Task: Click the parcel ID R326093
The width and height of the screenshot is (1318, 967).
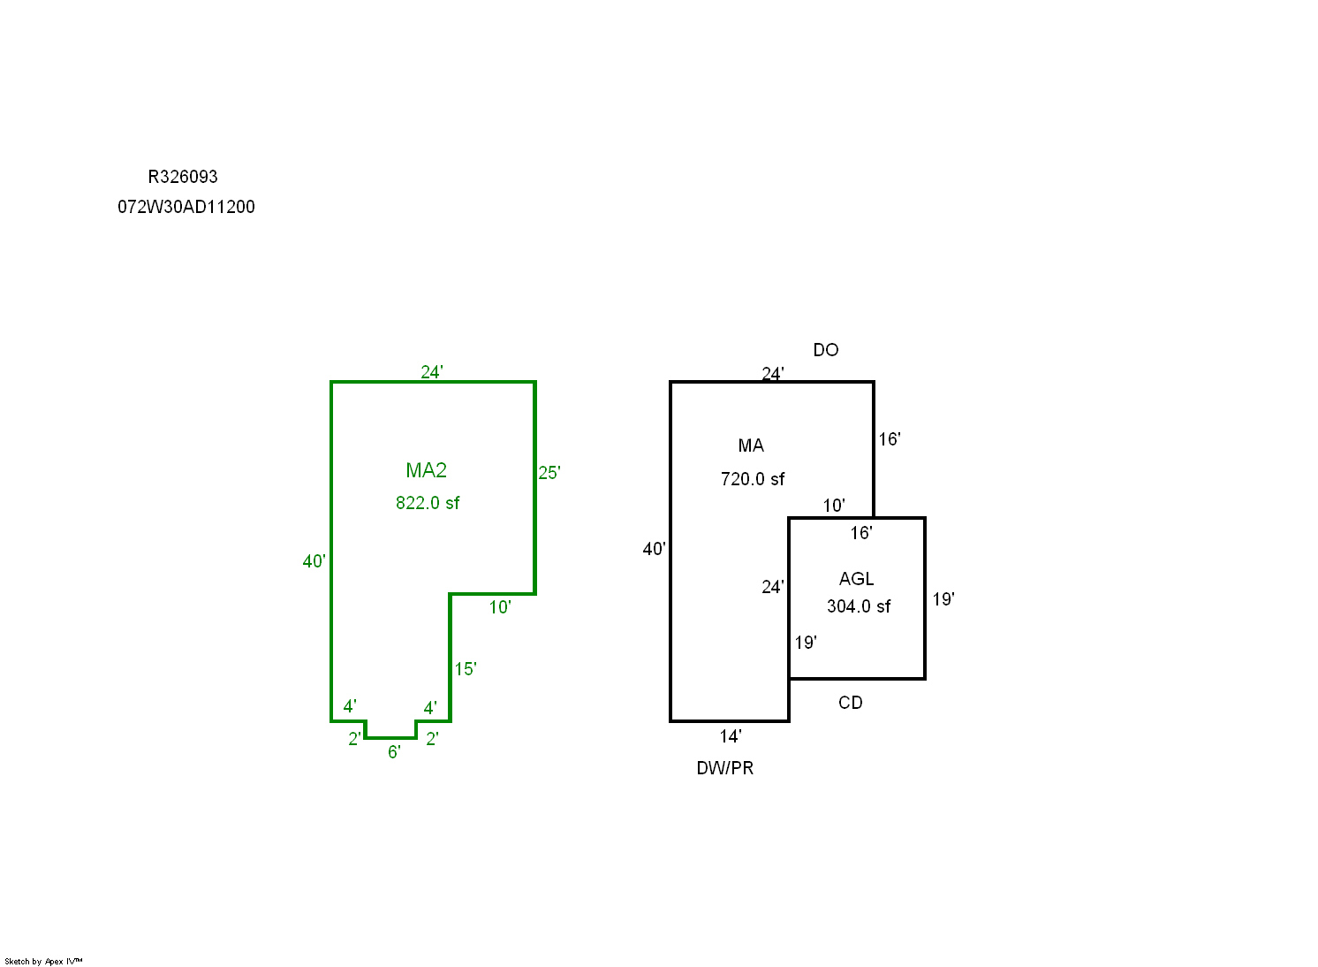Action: tap(183, 177)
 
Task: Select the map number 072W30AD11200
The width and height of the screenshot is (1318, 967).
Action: tap(186, 207)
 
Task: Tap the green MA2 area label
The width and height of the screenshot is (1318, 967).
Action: tap(427, 470)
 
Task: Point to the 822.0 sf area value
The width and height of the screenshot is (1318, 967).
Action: tap(428, 503)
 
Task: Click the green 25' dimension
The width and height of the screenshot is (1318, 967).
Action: tap(549, 473)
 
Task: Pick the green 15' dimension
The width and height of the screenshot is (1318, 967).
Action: tap(466, 669)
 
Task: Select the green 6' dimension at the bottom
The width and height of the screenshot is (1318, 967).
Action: tap(394, 752)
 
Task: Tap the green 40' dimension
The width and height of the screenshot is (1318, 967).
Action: tap(314, 561)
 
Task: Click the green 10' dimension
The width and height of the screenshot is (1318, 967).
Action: tap(500, 607)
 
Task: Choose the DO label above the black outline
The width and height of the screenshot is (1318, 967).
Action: tap(826, 350)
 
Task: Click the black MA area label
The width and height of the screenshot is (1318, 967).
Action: tap(751, 445)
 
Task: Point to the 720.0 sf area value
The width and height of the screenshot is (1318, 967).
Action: tap(753, 479)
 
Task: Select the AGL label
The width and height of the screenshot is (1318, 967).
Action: tap(856, 579)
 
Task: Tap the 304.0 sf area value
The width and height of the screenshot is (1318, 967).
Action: tap(859, 606)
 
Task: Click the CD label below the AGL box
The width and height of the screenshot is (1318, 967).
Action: tap(851, 703)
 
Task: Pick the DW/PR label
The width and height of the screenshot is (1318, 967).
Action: tap(725, 768)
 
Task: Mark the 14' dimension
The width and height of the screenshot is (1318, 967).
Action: tap(731, 736)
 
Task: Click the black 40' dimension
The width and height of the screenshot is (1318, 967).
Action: tap(654, 549)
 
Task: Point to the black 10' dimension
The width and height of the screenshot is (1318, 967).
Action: tap(834, 506)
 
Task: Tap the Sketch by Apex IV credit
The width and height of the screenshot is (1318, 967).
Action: tap(43, 961)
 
